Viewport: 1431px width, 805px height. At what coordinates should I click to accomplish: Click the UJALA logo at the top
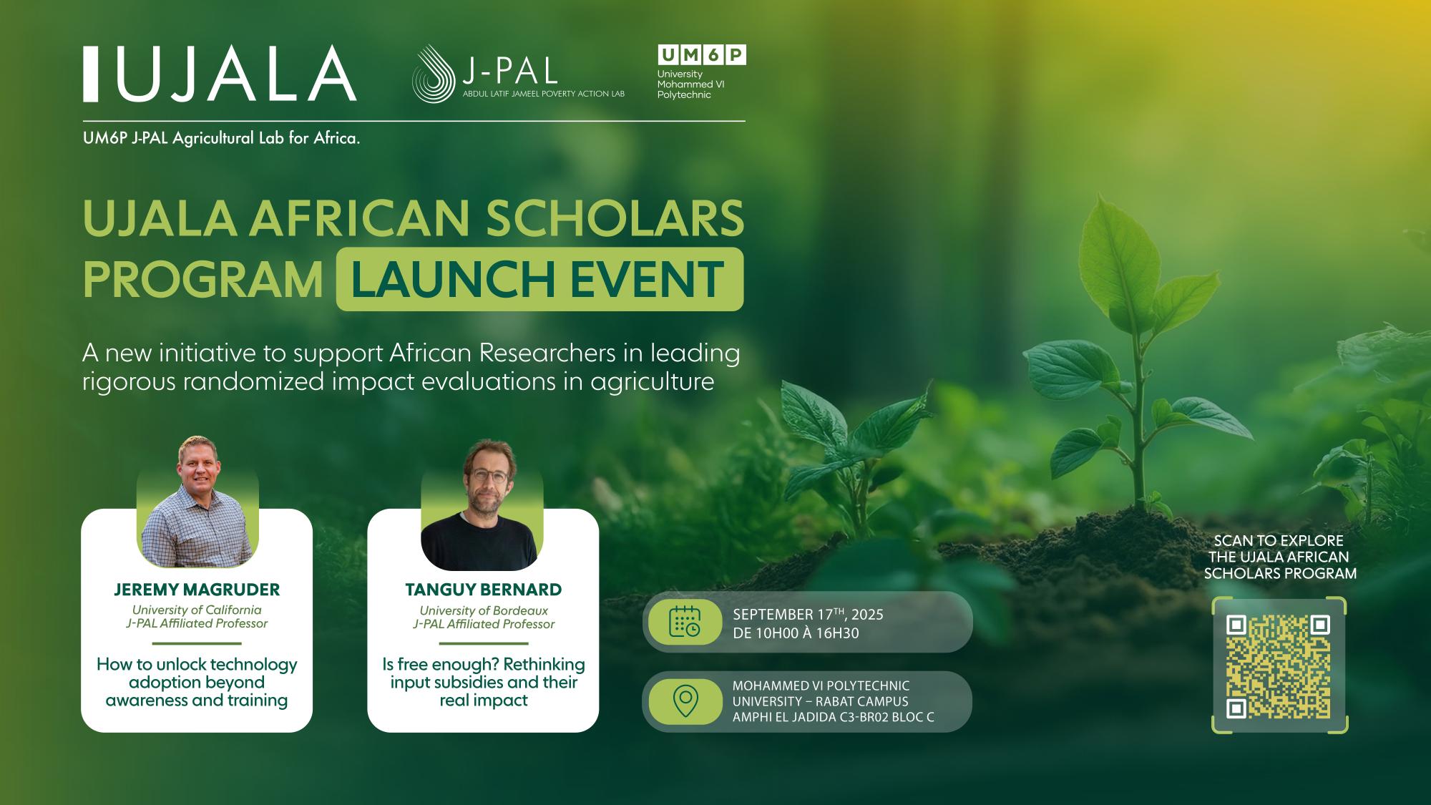[220, 74]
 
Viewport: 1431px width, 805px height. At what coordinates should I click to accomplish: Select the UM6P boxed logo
[701, 55]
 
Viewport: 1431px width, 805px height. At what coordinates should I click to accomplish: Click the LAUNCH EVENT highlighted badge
[539, 279]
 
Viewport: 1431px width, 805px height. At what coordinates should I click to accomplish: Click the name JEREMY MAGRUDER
[197, 590]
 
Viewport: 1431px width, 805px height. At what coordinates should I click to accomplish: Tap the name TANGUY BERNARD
[484, 590]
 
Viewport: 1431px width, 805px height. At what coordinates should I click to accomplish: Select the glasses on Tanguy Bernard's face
[484, 475]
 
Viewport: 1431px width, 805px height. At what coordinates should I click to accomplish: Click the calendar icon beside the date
[684, 621]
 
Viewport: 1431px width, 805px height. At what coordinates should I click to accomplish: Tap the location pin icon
[685, 701]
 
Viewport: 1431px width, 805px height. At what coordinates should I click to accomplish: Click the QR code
[1279, 666]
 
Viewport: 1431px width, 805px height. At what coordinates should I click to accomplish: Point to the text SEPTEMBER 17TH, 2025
[808, 615]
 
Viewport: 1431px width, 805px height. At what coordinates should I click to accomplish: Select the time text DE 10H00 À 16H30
[795, 633]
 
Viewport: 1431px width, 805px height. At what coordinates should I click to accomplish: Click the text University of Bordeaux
[484, 610]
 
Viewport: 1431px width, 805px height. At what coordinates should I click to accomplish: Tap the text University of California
[197, 610]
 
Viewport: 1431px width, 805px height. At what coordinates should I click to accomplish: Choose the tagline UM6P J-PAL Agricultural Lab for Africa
[221, 139]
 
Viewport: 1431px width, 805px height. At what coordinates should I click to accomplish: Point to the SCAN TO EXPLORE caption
[1279, 541]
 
